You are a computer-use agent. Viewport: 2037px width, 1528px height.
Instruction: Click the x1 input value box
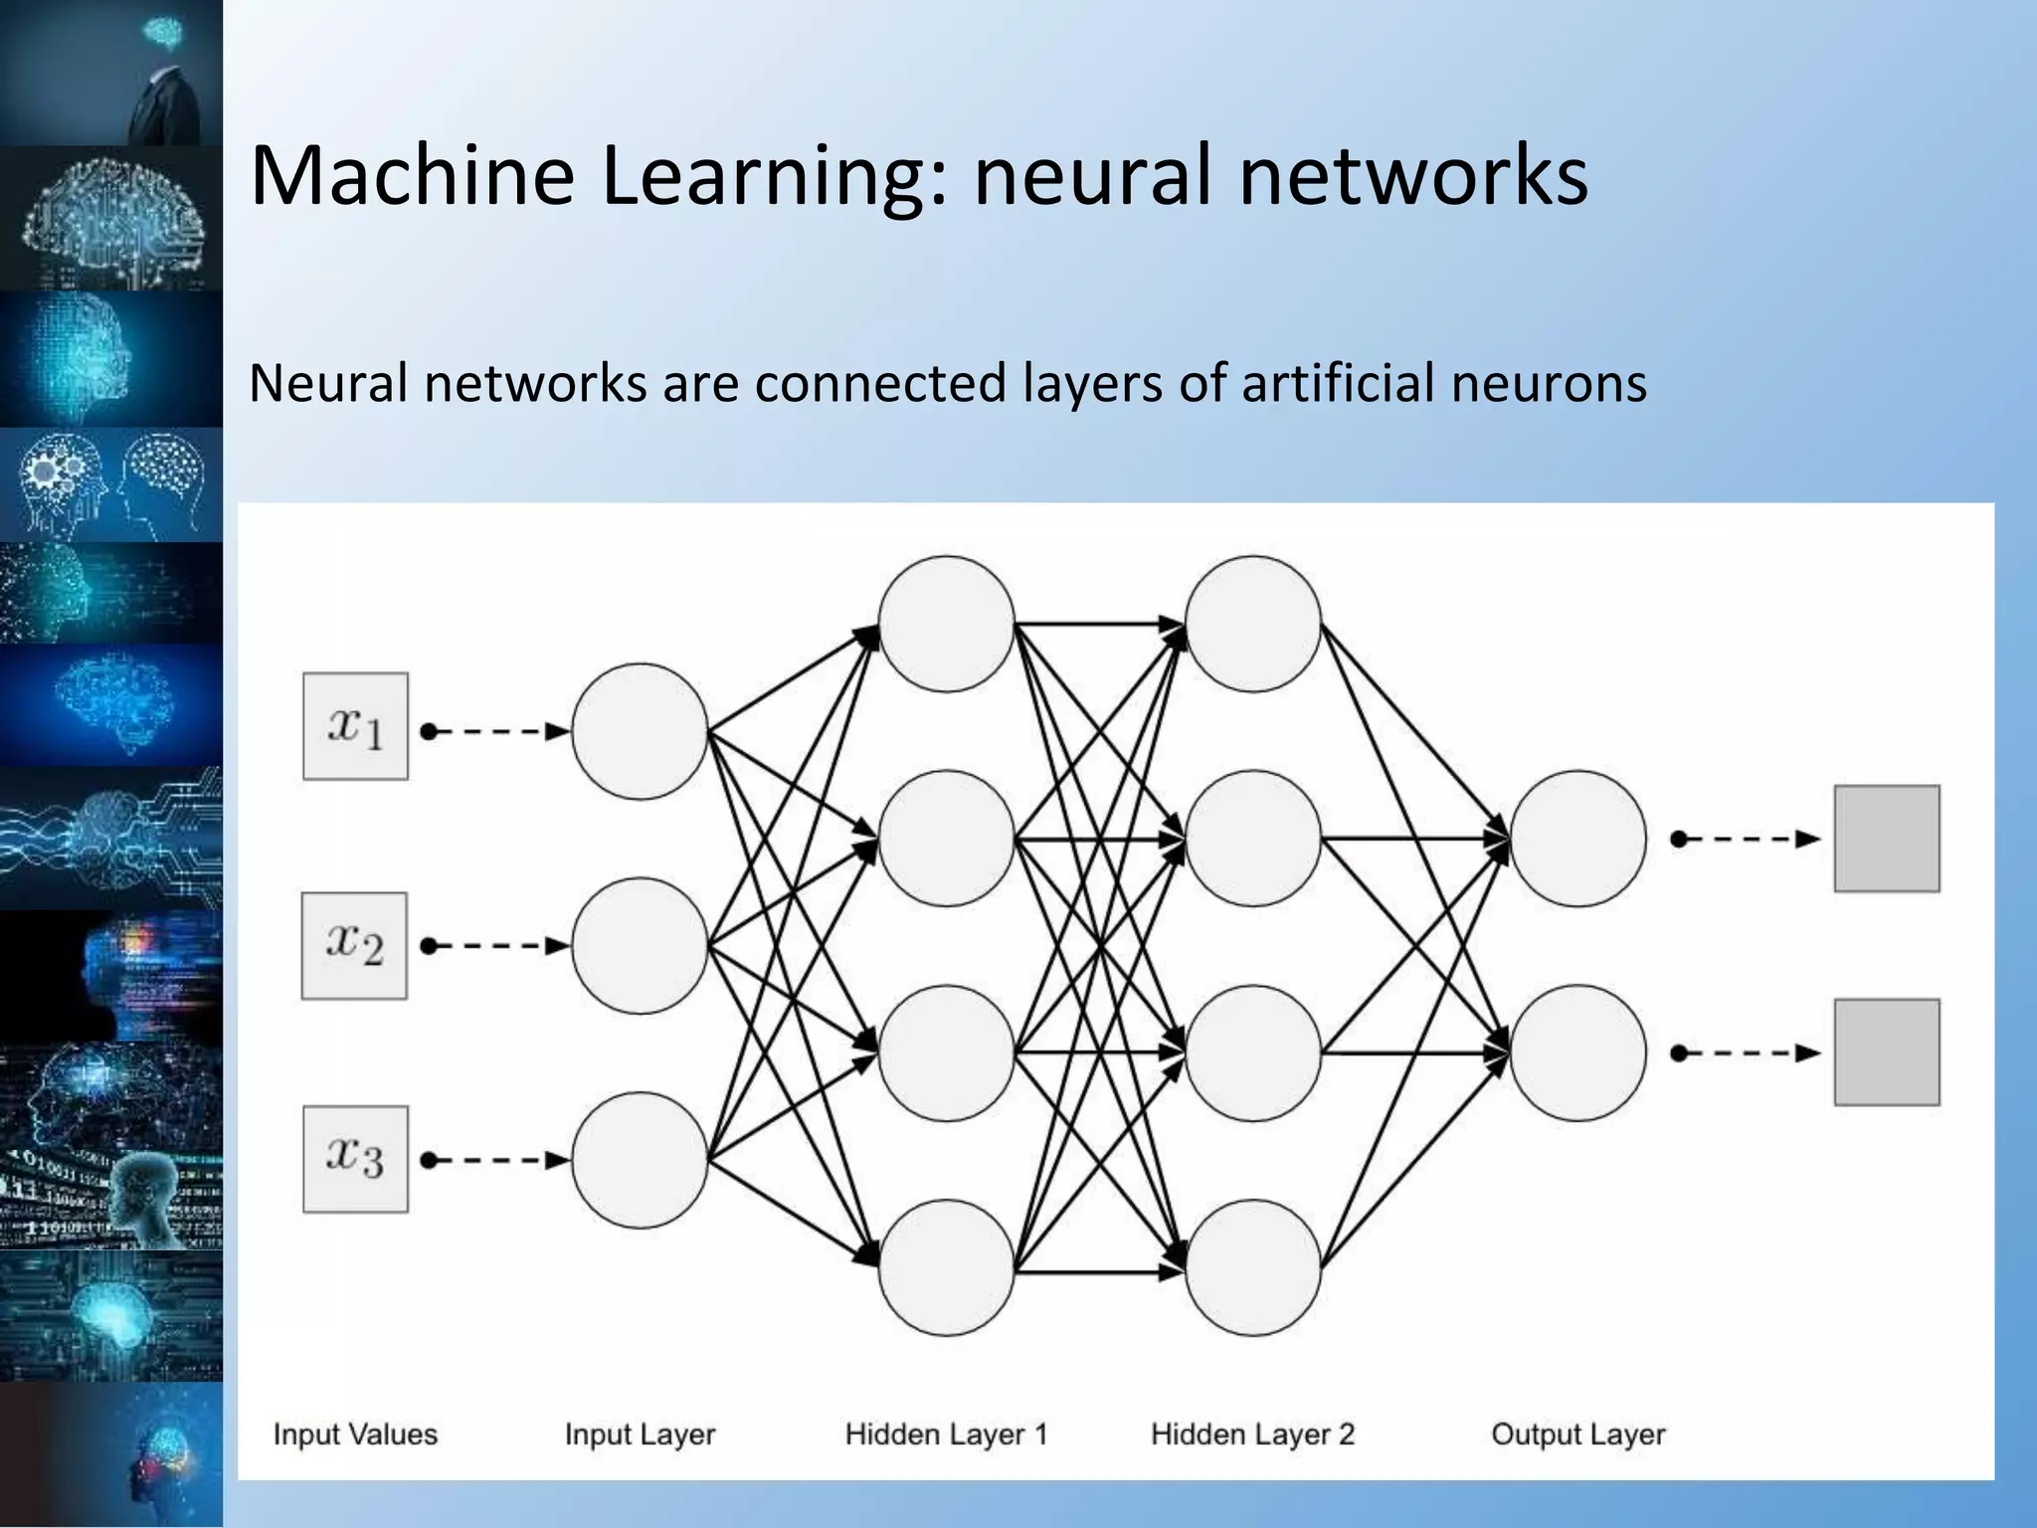pyautogui.click(x=355, y=726)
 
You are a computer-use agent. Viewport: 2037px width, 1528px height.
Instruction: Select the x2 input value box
pyautogui.click(x=355, y=945)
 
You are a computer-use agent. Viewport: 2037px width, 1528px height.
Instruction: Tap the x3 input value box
pyautogui.click(x=355, y=1159)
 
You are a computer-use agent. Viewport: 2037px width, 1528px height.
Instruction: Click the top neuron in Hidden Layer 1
pyautogui.click(x=946, y=624)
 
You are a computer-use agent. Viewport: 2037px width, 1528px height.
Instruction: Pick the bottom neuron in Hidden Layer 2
pyautogui.click(x=1252, y=1267)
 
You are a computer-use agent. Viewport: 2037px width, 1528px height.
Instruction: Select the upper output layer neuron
pyautogui.click(x=1577, y=839)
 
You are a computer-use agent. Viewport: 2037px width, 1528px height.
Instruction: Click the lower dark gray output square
pyautogui.click(x=1887, y=1052)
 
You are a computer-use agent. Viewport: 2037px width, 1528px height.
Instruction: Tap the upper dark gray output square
pyautogui.click(x=1887, y=839)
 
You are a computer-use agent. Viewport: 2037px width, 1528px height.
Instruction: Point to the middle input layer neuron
pyautogui.click(x=640, y=945)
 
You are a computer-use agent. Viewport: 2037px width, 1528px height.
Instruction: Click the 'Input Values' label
pyautogui.click(x=355, y=1434)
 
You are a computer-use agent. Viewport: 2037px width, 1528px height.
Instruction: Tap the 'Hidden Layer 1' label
pyautogui.click(x=946, y=1434)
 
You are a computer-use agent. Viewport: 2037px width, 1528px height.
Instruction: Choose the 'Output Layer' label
pyautogui.click(x=1577, y=1434)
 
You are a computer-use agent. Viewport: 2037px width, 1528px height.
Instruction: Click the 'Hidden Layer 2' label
pyautogui.click(x=1252, y=1434)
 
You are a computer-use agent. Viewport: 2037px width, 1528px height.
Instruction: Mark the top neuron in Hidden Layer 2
pyautogui.click(x=1252, y=624)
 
